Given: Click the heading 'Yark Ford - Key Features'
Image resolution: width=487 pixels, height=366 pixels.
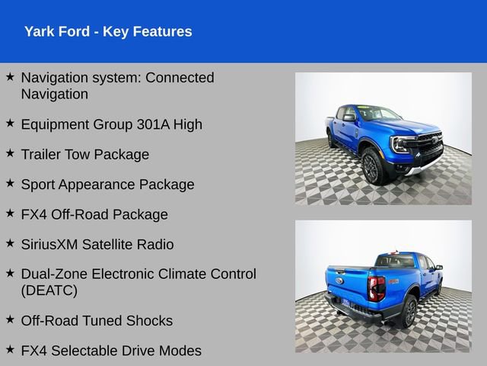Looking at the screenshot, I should click(x=108, y=31).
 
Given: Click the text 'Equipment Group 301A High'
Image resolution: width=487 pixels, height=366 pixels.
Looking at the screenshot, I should click(x=111, y=124).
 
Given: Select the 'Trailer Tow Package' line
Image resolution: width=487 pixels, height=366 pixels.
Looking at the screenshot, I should click(x=84, y=154).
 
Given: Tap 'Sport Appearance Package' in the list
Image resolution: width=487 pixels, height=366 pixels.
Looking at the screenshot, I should click(x=107, y=185).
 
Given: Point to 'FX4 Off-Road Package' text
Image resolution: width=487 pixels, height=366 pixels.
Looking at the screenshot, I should click(x=94, y=214).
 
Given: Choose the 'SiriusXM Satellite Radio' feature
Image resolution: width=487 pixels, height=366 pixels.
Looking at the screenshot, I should click(x=97, y=244).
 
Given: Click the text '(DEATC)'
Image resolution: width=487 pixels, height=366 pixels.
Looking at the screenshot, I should click(x=49, y=291).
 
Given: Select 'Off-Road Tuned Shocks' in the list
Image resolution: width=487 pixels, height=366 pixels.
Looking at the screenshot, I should click(x=97, y=320).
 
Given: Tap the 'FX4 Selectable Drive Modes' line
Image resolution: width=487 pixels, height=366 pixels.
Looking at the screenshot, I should click(x=111, y=351).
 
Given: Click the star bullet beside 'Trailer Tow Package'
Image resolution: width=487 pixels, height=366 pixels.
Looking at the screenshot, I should click(x=10, y=152).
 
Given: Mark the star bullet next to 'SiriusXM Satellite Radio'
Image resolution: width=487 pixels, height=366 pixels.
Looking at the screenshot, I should click(x=10, y=242).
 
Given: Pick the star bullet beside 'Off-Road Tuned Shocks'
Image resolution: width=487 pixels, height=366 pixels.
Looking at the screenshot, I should click(x=10, y=319).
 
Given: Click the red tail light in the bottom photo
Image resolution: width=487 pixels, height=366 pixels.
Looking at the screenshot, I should click(x=377, y=287).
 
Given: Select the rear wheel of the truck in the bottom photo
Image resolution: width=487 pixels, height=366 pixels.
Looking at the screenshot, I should click(x=410, y=310).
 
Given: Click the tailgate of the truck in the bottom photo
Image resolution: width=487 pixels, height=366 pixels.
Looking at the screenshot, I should click(x=347, y=282).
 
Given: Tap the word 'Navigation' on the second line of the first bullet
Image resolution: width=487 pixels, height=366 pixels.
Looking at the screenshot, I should click(x=55, y=95).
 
